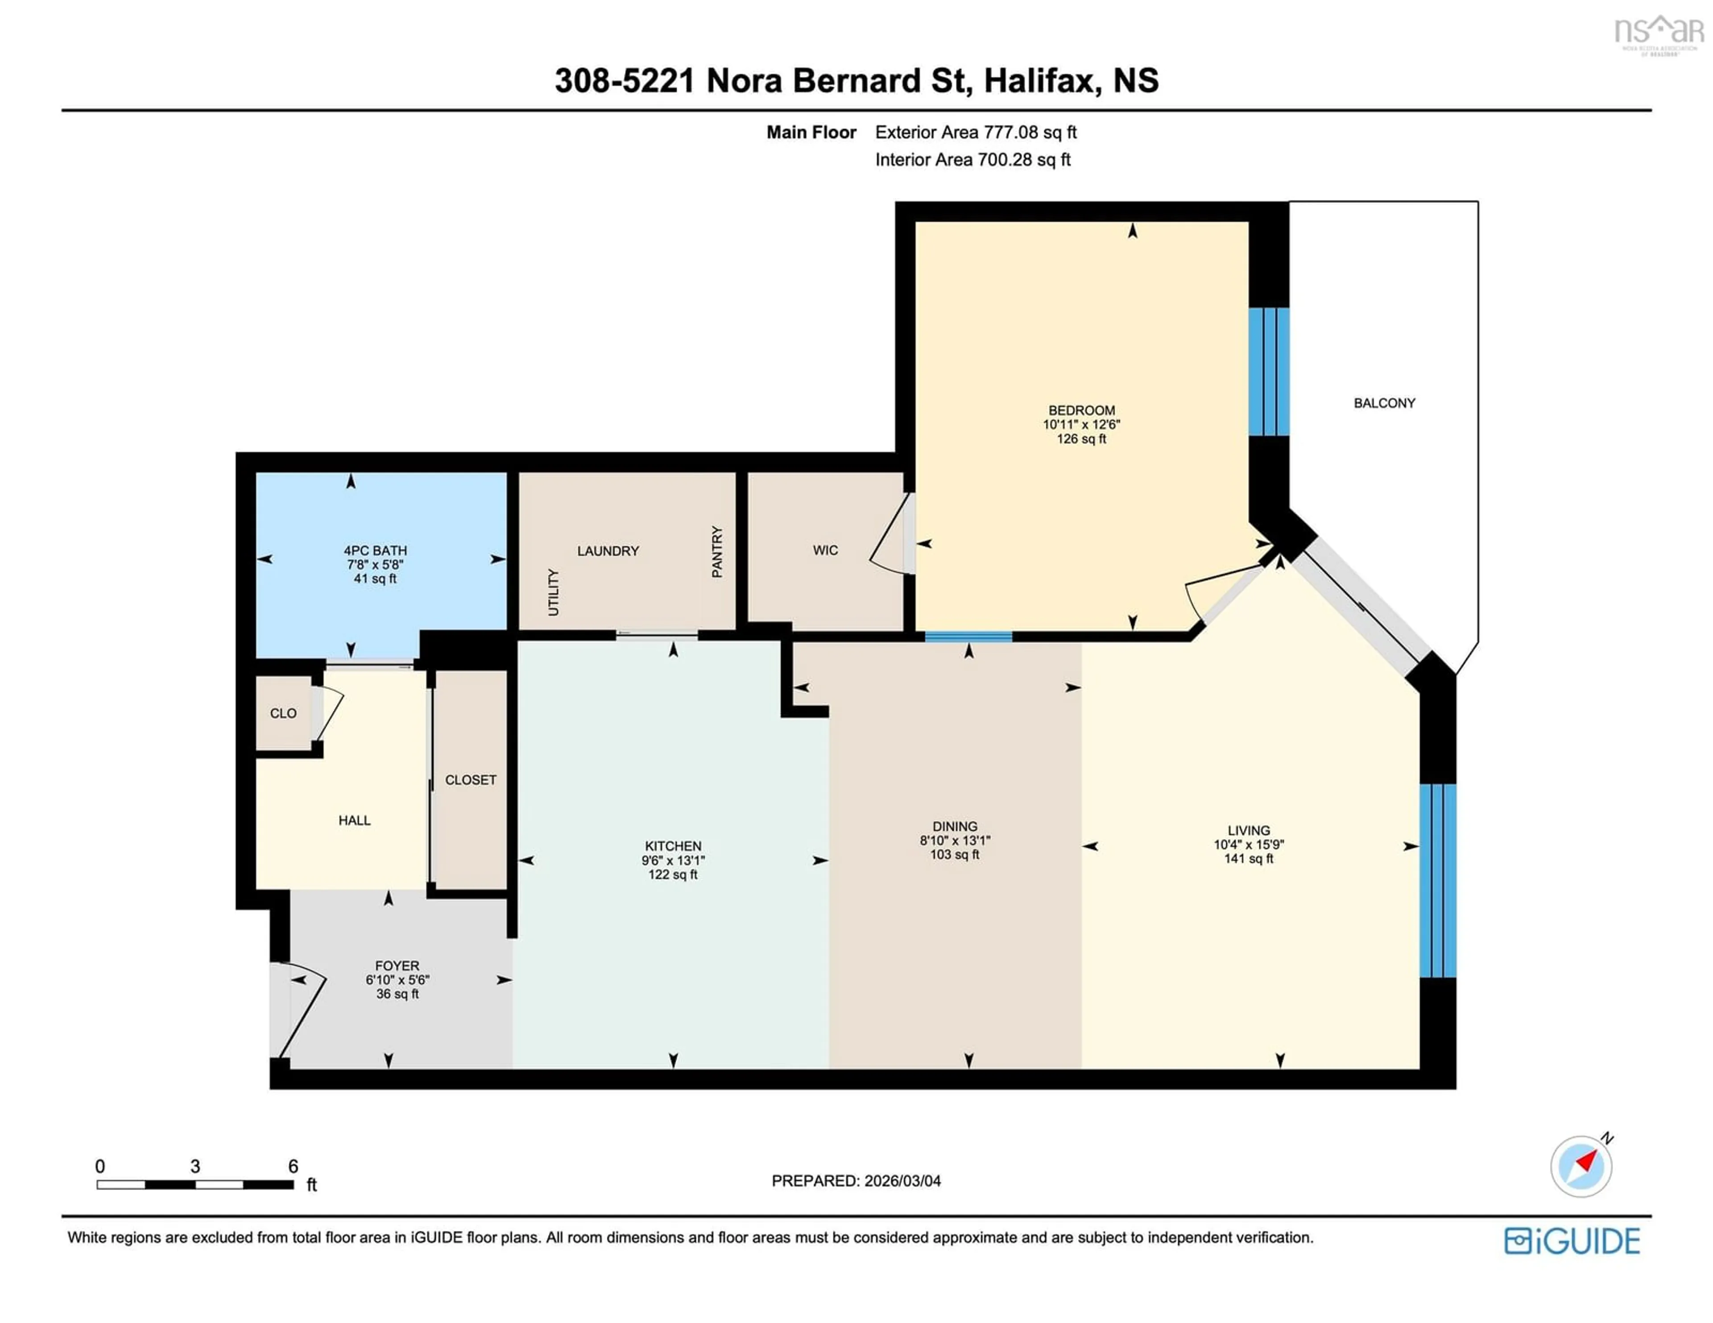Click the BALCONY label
coord(1384,403)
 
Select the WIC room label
coord(825,550)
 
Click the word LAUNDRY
coord(608,551)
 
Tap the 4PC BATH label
coord(375,550)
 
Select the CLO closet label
coord(283,714)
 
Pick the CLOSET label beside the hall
coord(471,780)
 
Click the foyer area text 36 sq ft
coord(397,994)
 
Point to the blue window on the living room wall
coord(1438,880)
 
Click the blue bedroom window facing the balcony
coord(1268,372)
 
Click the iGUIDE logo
coord(1572,1240)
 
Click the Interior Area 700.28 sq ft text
coord(972,160)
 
